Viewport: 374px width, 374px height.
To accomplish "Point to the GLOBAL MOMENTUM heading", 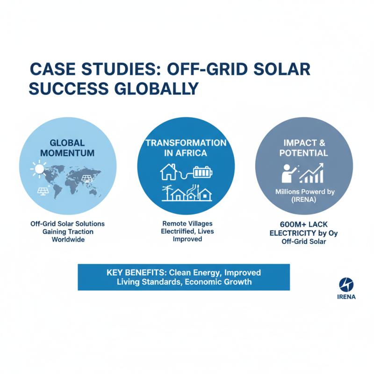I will point(67,148).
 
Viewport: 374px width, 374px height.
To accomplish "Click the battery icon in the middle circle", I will point(202,173).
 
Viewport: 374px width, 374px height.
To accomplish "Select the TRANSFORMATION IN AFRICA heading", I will point(186,148).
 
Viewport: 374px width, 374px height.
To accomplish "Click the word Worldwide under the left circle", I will point(67,239).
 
